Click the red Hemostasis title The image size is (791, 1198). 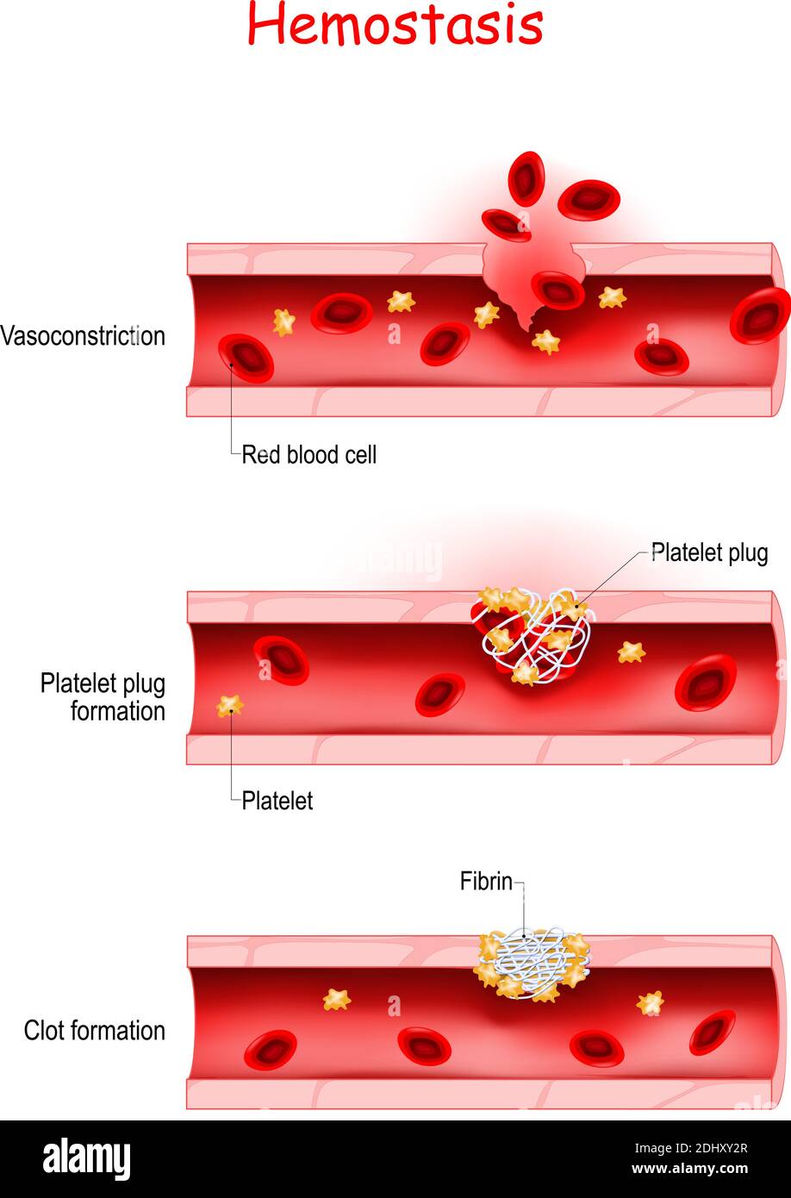coord(395,24)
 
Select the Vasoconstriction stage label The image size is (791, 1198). coord(83,336)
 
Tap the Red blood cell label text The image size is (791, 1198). coord(309,455)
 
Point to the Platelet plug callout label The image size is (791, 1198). coord(710,553)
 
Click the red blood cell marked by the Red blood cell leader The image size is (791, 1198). coord(246,359)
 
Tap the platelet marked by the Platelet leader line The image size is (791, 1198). coord(230,706)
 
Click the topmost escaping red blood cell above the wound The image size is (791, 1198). coord(526,178)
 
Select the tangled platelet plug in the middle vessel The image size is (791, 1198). coord(533,636)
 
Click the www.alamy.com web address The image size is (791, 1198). coord(690,1168)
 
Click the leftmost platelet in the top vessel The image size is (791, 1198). coord(284,322)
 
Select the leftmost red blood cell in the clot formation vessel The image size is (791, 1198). coord(270,1050)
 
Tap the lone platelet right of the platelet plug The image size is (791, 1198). coord(631,652)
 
